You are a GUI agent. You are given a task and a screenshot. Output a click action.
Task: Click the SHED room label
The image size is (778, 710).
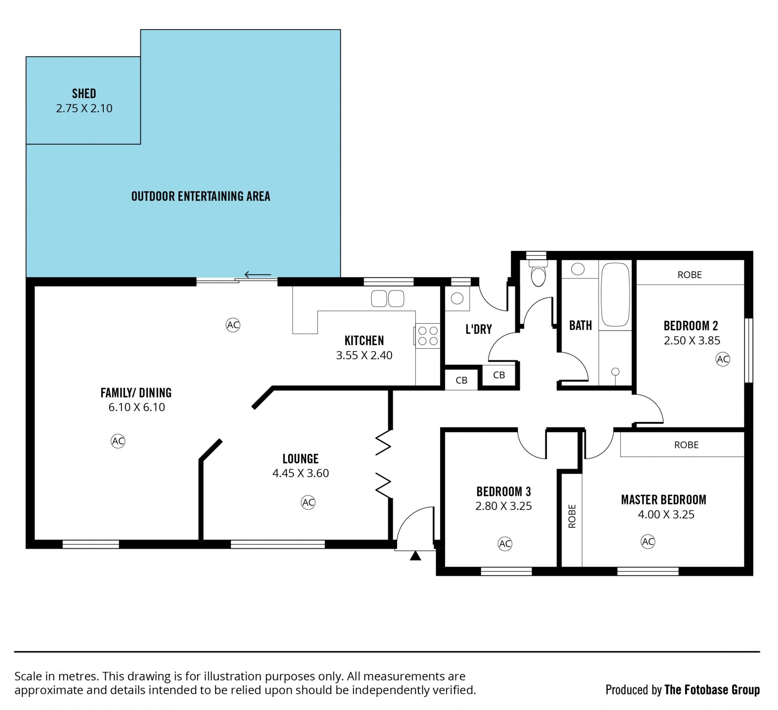[84, 94]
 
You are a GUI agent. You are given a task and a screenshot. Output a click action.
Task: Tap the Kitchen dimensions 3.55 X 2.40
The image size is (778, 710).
[364, 355]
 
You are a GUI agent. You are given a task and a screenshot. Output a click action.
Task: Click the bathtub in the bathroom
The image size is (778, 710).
[615, 294]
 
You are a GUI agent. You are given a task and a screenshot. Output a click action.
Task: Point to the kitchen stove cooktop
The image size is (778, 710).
[428, 336]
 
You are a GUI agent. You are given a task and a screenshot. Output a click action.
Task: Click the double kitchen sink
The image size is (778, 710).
[388, 299]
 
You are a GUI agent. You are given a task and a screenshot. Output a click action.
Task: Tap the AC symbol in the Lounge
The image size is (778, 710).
[308, 502]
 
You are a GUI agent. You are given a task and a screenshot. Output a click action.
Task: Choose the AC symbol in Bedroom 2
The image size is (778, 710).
[723, 359]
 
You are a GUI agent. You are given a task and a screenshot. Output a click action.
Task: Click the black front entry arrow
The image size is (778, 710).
[415, 556]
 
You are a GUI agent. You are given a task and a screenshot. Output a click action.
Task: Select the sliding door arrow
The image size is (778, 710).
[258, 275]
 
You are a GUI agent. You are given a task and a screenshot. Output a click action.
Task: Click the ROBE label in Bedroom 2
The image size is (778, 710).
[689, 275]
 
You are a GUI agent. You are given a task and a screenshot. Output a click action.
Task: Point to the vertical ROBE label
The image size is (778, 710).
[572, 516]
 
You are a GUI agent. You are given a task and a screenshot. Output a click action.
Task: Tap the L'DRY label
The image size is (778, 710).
[479, 329]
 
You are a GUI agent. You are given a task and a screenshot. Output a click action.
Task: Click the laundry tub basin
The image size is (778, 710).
[457, 298]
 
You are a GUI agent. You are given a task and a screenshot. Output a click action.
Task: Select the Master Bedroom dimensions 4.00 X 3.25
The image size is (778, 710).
[666, 515]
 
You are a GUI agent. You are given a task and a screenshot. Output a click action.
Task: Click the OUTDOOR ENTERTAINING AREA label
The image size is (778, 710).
[201, 197]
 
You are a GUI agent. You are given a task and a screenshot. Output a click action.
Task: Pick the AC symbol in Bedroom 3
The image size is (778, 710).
[505, 544]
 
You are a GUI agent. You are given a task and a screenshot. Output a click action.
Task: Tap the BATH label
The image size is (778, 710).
[580, 326]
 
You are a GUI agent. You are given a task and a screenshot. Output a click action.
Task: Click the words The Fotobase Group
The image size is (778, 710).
[712, 690]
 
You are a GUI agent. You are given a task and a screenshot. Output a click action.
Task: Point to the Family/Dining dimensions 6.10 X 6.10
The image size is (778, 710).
[137, 407]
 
